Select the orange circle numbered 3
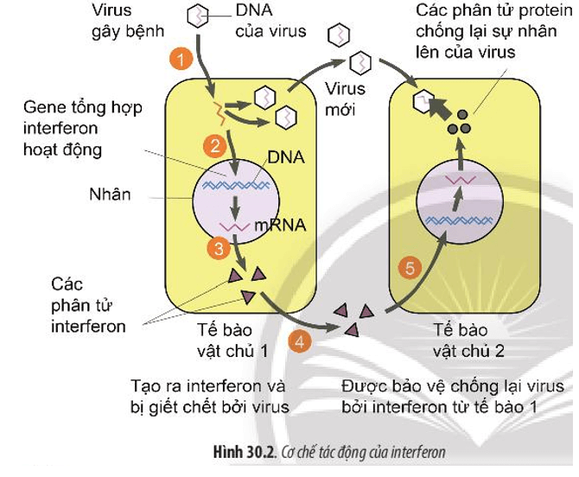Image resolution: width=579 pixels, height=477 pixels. coord(217,247)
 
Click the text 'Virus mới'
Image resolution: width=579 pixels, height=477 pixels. coord(346,98)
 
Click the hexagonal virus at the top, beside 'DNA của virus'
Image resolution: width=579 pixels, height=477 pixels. coord(199,16)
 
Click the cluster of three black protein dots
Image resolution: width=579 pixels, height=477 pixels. coord(459,122)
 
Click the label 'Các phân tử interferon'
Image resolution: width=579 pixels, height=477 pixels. coord(88,305)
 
